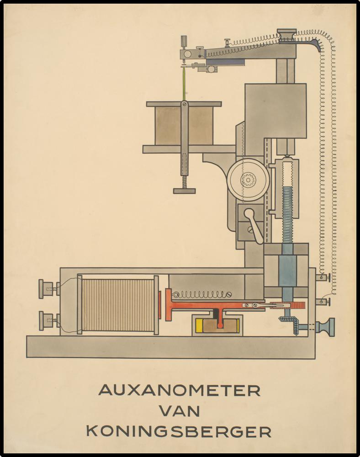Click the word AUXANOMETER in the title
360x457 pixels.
pos(180,390)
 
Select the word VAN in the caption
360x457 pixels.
pos(180,411)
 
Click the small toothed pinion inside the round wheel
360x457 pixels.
pos(248,180)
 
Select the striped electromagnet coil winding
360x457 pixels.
pos(118,305)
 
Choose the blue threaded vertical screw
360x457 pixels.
pos(287,215)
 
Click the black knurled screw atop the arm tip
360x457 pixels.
pos(185,42)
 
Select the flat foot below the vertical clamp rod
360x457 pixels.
pos(184,191)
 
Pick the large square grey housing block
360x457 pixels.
pos(275,111)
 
